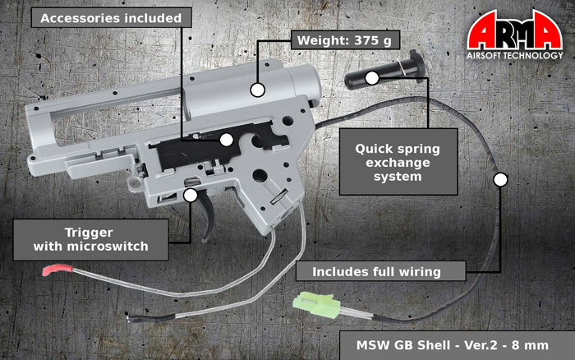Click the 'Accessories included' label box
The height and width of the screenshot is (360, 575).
(112, 17)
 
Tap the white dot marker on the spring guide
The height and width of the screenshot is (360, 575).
(372, 78)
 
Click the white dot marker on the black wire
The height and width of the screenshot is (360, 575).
(500, 178)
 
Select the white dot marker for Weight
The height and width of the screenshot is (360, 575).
(258, 89)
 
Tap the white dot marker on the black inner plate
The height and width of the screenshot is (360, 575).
(225, 140)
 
